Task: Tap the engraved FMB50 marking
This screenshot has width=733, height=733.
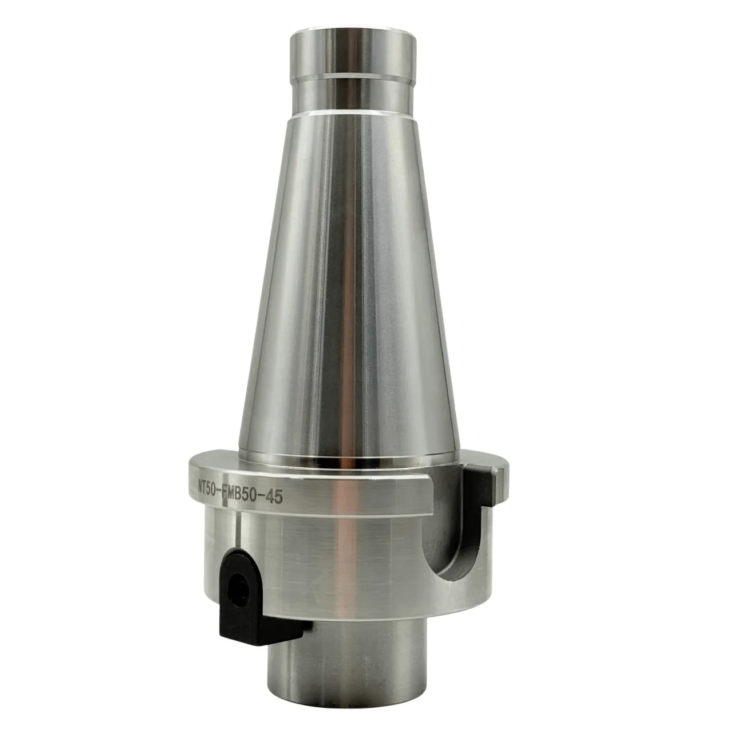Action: coord(241,493)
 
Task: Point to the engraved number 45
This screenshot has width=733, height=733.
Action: coord(274,497)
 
